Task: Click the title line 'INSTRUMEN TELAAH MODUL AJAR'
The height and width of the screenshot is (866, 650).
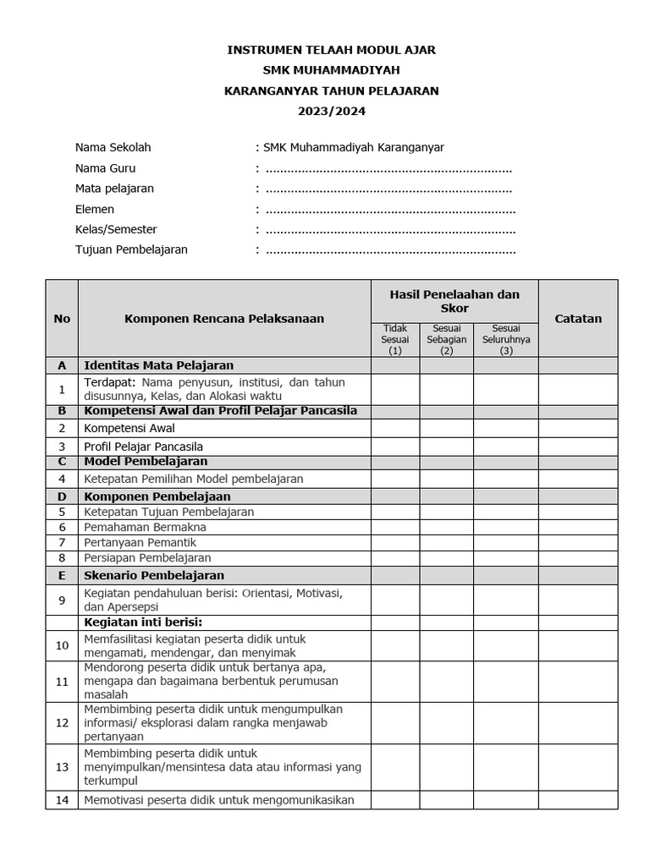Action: click(331, 51)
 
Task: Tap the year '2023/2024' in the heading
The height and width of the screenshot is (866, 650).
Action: click(331, 111)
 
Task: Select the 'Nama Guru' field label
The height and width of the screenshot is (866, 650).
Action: click(105, 168)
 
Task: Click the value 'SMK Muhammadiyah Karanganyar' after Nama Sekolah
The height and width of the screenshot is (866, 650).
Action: click(354, 147)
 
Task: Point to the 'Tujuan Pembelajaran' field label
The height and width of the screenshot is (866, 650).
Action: click(131, 249)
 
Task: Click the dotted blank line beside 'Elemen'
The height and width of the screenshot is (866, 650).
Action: click(390, 210)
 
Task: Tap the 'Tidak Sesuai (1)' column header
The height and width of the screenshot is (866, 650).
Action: click(395, 339)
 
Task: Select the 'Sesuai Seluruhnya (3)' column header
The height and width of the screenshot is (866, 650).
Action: click(506, 339)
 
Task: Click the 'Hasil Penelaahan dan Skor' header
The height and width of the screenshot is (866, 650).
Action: click(454, 301)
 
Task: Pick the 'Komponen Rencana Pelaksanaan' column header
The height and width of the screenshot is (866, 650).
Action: click(224, 319)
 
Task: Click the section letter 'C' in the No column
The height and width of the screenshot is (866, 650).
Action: click(62, 462)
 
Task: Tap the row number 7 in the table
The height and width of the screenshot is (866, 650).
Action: click(62, 542)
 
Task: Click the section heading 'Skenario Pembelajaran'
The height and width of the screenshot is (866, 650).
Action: click(154, 575)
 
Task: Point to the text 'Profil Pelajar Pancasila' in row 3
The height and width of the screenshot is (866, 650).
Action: click(144, 447)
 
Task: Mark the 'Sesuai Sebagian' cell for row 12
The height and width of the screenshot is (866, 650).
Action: click(446, 723)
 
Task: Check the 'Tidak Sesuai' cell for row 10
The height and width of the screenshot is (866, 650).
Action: click(395, 645)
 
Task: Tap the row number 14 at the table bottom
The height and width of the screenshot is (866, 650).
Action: click(62, 799)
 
